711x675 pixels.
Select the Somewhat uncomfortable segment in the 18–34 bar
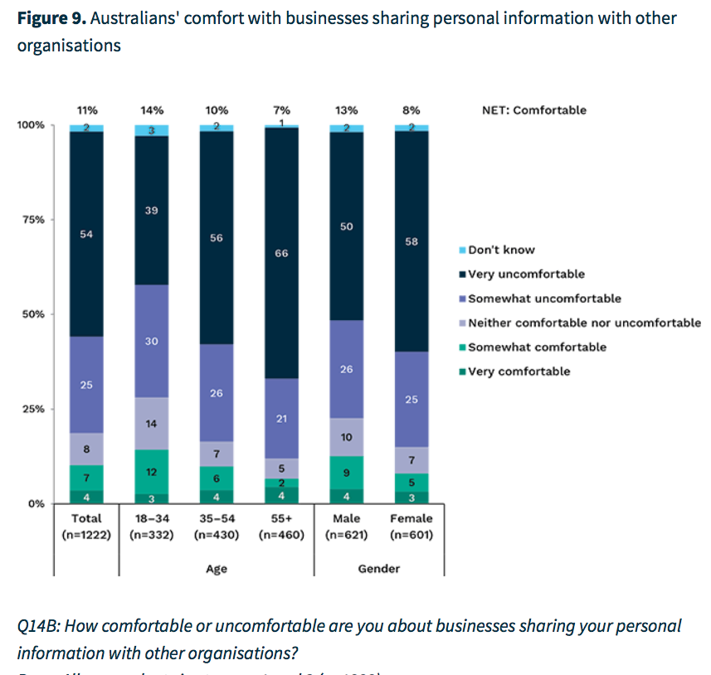(x=152, y=341)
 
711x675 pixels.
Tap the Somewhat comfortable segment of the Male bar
(x=347, y=473)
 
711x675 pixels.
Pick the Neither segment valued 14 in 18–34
(x=152, y=423)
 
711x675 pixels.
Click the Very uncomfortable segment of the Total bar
(x=87, y=234)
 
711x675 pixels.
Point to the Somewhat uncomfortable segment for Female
(x=412, y=399)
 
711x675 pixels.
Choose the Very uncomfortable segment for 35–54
(x=217, y=238)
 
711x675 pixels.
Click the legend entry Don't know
(x=501, y=250)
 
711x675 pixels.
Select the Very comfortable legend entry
(x=519, y=371)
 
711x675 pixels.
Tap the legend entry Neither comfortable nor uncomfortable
(x=584, y=323)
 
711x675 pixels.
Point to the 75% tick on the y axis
(x=32, y=220)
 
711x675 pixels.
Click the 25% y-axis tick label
(x=32, y=409)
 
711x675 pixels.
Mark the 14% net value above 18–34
(x=152, y=110)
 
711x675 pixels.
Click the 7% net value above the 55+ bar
(x=281, y=110)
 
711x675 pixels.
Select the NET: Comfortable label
(x=533, y=110)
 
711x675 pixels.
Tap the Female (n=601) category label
(x=412, y=527)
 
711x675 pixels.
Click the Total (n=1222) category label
(x=87, y=527)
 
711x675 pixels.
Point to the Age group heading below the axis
(x=216, y=569)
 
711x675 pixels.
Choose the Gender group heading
(x=379, y=569)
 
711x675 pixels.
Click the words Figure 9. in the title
(x=51, y=18)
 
